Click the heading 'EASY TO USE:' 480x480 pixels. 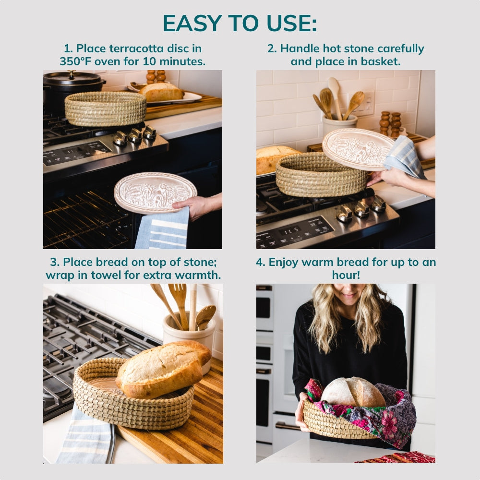240,23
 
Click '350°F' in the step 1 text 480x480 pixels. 76,61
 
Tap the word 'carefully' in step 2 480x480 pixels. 401,48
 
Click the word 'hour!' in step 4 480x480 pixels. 346,275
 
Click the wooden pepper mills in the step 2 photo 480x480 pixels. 390,124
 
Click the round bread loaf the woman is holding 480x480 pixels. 353,392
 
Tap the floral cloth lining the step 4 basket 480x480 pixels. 389,415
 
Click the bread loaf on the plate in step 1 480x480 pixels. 161,92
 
